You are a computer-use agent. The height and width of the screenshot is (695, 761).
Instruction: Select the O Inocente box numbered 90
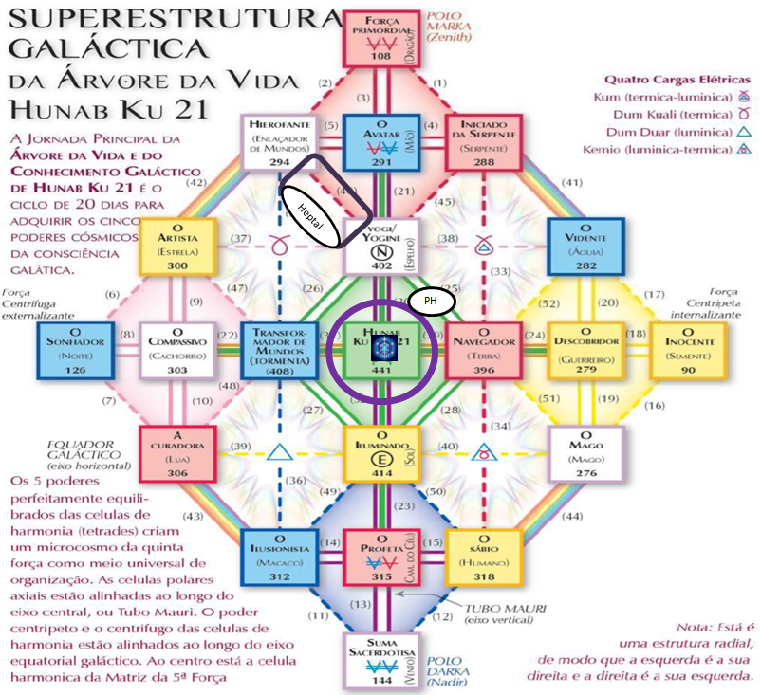(x=689, y=349)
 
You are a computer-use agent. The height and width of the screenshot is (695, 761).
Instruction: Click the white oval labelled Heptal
(x=311, y=216)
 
